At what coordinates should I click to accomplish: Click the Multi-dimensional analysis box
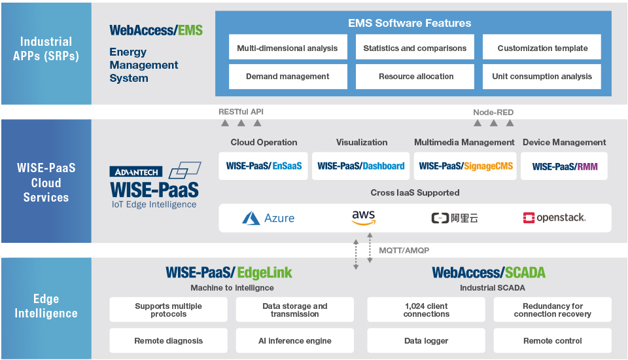pyautogui.click(x=287, y=48)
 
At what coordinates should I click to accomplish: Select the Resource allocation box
pyautogui.click(x=415, y=77)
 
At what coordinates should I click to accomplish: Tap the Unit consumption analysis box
pyautogui.click(x=542, y=77)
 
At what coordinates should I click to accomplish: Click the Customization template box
pyautogui.click(x=542, y=48)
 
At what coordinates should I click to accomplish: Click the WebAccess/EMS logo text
pyautogui.click(x=156, y=30)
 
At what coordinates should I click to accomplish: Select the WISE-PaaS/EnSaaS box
pyautogui.click(x=264, y=166)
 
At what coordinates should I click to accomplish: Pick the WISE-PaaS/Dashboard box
pyautogui.click(x=360, y=166)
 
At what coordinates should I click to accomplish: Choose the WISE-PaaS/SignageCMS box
pyautogui.click(x=465, y=166)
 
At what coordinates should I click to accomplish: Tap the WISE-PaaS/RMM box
pyautogui.click(x=564, y=166)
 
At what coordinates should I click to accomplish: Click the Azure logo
pyautogui.click(x=268, y=218)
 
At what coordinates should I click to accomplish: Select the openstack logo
pyautogui.click(x=554, y=217)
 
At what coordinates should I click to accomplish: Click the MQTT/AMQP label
pyautogui.click(x=404, y=251)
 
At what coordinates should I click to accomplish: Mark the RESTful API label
pyautogui.click(x=241, y=112)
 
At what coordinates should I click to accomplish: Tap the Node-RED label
pyautogui.click(x=493, y=112)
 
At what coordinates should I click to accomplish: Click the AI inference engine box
pyautogui.click(x=294, y=341)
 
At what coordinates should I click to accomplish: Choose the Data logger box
pyautogui.click(x=426, y=341)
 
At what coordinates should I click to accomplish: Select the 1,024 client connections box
pyautogui.click(x=426, y=310)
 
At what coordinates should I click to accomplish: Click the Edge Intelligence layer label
pyautogui.click(x=46, y=306)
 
